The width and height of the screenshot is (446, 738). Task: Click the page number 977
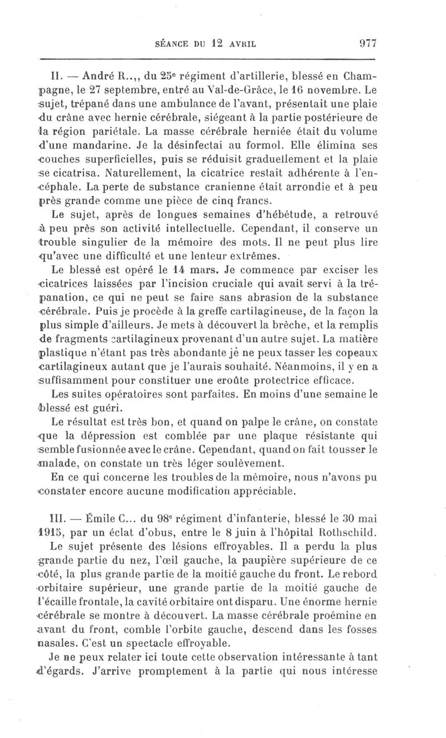coord(366,42)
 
